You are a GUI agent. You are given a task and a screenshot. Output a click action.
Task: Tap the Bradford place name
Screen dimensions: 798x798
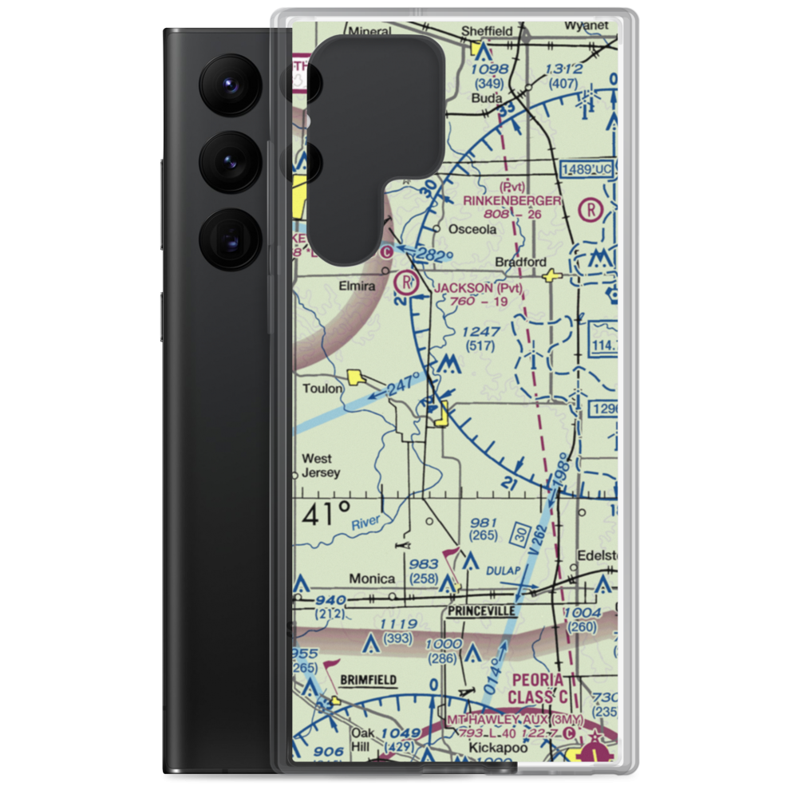click(520, 262)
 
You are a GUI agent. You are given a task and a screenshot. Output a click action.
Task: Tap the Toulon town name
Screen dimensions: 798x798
click(322, 389)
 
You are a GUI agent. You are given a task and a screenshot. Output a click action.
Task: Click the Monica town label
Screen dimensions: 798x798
click(373, 579)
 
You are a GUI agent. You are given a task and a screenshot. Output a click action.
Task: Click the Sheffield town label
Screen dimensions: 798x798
click(488, 31)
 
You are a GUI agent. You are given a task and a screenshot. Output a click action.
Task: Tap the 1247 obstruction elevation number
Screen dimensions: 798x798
click(482, 331)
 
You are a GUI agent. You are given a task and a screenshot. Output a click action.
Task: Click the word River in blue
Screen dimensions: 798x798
click(367, 523)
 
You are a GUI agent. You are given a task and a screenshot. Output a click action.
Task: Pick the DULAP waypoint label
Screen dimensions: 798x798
click(503, 571)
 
